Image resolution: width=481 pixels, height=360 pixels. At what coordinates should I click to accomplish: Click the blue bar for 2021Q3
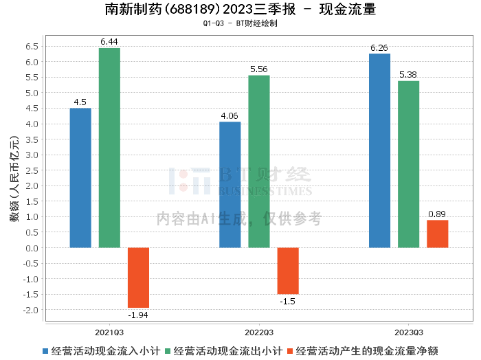coord(80,178)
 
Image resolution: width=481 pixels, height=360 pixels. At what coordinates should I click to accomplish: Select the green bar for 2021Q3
coord(109,148)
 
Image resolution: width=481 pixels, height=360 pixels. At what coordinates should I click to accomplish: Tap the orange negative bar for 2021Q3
coord(138,278)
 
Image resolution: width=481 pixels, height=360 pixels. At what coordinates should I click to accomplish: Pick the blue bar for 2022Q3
coord(230,185)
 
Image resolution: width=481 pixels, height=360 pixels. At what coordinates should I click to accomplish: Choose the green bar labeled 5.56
coord(259,161)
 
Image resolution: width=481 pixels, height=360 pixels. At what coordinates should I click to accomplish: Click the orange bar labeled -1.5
coord(288,271)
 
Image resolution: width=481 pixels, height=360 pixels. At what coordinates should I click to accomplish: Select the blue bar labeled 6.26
coord(379,150)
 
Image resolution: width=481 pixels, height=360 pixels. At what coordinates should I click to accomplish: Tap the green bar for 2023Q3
coord(408,164)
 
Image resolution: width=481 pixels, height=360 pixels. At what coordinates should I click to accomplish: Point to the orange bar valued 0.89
coord(437,234)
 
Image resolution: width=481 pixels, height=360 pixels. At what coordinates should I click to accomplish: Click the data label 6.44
coord(109,42)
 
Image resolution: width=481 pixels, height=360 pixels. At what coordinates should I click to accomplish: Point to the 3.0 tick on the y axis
coord(32,155)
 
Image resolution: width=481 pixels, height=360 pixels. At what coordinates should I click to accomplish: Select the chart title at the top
coord(240,10)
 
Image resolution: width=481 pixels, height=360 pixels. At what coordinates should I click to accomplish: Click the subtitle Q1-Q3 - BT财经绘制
coord(240,23)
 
